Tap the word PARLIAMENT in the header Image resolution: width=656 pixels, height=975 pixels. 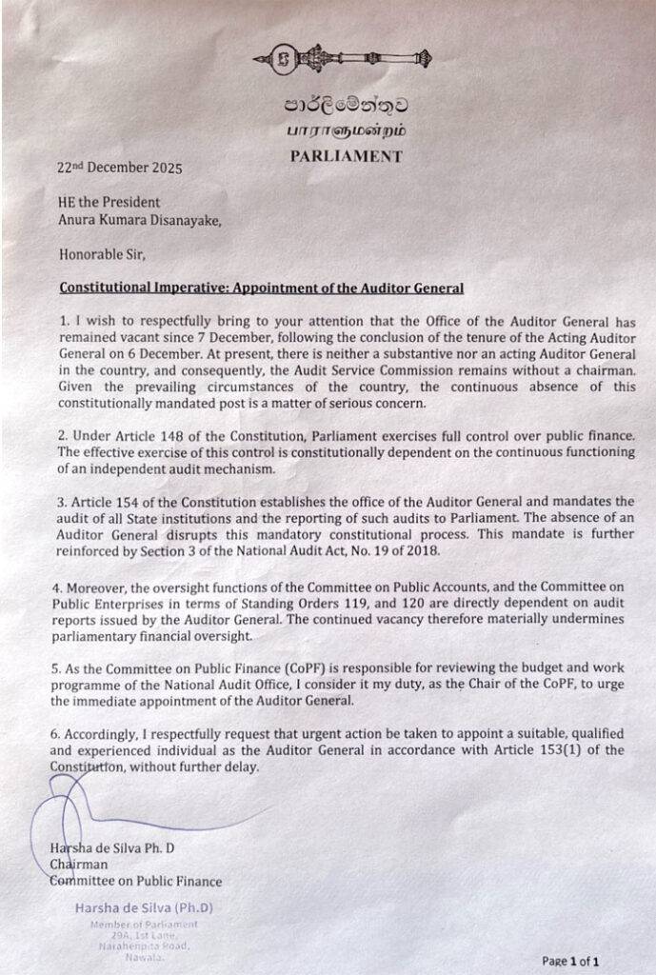(347, 157)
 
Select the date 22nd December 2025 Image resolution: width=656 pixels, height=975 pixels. (119, 167)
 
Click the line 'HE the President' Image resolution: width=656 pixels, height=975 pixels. (109, 202)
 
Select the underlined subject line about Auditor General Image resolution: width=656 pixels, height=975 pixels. (262, 287)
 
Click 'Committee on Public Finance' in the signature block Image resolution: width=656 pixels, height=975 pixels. (135, 881)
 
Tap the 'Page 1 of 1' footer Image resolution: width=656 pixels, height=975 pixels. (570, 961)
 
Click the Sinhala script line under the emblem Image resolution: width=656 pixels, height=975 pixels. (339, 106)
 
